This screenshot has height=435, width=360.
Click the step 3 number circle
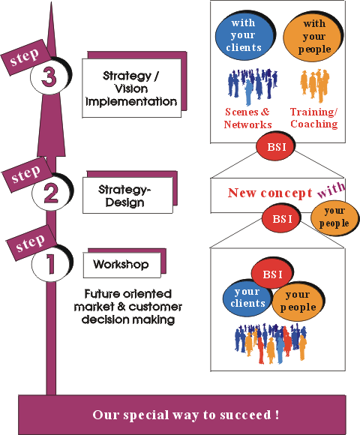(49, 76)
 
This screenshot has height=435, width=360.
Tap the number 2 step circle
(51, 192)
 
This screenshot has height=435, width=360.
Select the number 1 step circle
(50, 263)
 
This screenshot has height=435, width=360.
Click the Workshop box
(122, 265)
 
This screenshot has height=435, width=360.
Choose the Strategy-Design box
(127, 195)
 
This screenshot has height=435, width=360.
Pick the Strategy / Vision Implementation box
(132, 88)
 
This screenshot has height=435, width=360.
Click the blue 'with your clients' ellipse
(244, 35)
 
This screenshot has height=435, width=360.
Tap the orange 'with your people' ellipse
(313, 37)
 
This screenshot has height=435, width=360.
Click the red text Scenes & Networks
(247, 118)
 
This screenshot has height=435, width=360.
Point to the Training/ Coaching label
(314, 118)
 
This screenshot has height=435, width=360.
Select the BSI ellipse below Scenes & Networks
(275, 146)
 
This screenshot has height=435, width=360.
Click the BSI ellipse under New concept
(281, 218)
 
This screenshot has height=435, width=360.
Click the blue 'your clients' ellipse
(247, 298)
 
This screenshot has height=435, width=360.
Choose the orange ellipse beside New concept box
(334, 218)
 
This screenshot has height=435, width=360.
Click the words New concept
(270, 193)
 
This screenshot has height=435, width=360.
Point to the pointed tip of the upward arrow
(51, 2)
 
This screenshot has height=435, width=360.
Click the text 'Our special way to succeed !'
(186, 415)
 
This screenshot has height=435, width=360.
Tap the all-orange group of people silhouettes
(314, 85)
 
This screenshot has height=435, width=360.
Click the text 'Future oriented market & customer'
(128, 300)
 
